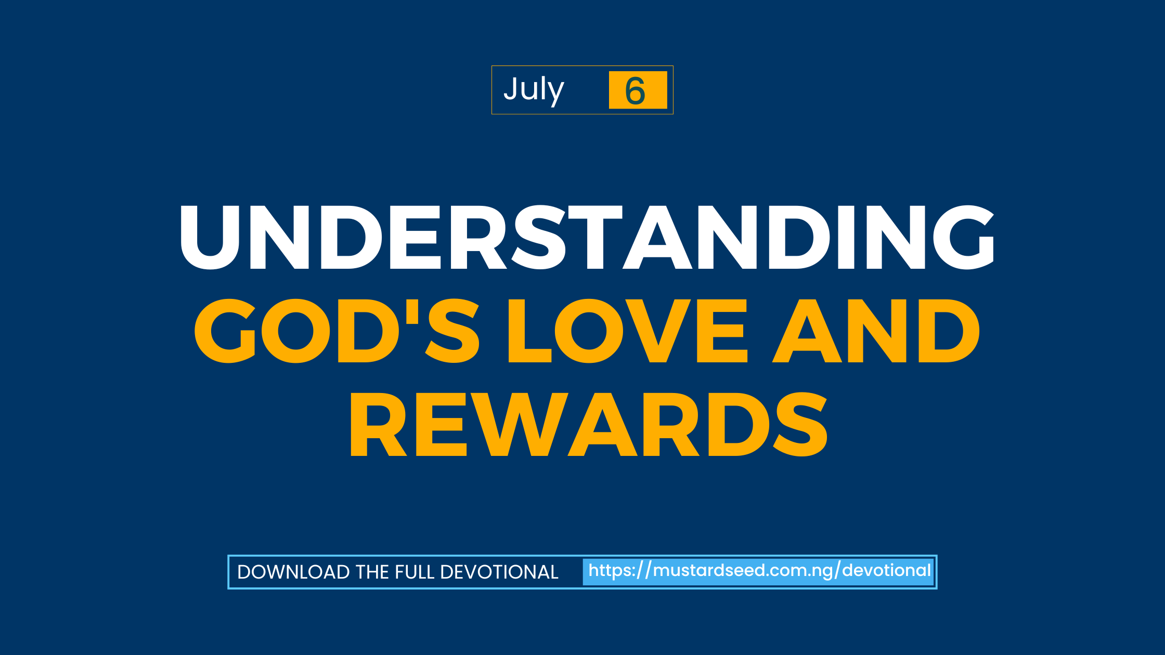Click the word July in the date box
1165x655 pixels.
point(534,90)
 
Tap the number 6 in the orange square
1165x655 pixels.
point(635,91)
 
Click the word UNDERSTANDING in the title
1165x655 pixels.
point(587,237)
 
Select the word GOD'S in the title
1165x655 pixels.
point(337,331)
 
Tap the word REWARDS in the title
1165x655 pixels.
point(589,424)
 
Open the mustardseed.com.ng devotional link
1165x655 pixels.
point(759,571)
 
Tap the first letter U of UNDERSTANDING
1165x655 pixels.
point(210,238)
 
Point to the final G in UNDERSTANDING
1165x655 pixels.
point(964,237)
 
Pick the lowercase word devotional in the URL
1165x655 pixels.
point(886,570)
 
